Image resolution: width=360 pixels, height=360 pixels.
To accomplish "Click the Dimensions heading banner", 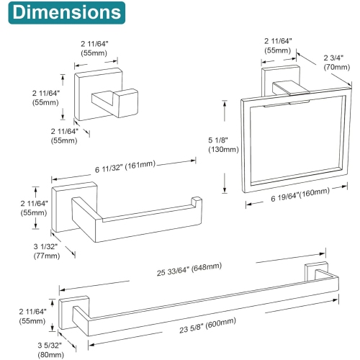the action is (67, 13).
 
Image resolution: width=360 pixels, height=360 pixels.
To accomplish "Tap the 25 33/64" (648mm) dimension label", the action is (189, 269).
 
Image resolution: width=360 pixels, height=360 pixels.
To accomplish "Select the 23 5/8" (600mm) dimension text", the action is (208, 325).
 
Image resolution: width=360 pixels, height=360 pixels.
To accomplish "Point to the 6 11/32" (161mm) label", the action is (125, 166).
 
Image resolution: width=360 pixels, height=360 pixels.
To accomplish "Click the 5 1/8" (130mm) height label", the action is (223, 145).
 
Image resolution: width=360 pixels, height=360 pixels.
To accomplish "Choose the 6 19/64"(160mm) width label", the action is (300, 195).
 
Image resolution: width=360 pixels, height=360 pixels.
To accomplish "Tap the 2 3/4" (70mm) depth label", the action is (336, 63).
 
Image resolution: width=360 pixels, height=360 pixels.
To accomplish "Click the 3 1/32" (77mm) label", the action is (47, 251).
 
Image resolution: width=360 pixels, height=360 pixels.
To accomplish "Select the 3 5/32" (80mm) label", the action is (50, 350).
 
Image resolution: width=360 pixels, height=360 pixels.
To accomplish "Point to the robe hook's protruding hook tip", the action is (128, 103).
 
